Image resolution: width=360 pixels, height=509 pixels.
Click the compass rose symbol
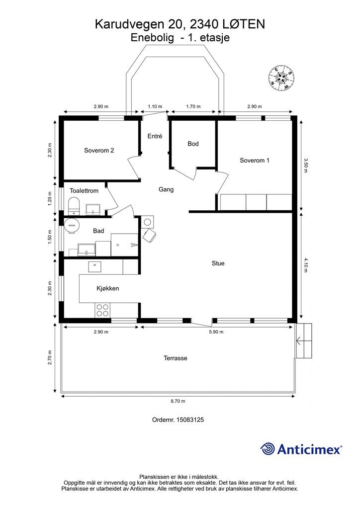pyautogui.click(x=281, y=77)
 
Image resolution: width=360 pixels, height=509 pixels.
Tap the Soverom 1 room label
pyautogui.click(x=255, y=161)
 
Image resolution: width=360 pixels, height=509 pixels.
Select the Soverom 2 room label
pyautogui.click(x=99, y=151)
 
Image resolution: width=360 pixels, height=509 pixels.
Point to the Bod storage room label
pyautogui.click(x=193, y=144)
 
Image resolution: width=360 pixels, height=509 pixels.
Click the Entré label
pyautogui.click(x=155, y=136)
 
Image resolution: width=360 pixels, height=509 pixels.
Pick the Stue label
pyautogui.click(x=218, y=263)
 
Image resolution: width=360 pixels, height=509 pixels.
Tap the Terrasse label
pyautogui.click(x=176, y=358)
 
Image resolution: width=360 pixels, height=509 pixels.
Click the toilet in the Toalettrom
pyautogui.click(x=74, y=205)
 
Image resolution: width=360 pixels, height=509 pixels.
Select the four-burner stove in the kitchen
pyautogui.click(x=102, y=310)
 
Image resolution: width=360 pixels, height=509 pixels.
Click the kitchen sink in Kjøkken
pyautogui.click(x=95, y=267)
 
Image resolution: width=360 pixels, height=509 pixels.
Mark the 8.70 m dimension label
pyautogui.click(x=178, y=401)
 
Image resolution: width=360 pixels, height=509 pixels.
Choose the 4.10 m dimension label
pyautogui.click(x=305, y=264)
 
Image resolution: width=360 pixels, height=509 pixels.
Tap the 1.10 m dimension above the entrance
pyautogui.click(x=155, y=106)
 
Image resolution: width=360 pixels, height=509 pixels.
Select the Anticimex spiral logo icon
pyautogui.click(x=268, y=449)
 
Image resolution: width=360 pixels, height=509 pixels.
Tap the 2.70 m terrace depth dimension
pyautogui.click(x=50, y=357)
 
